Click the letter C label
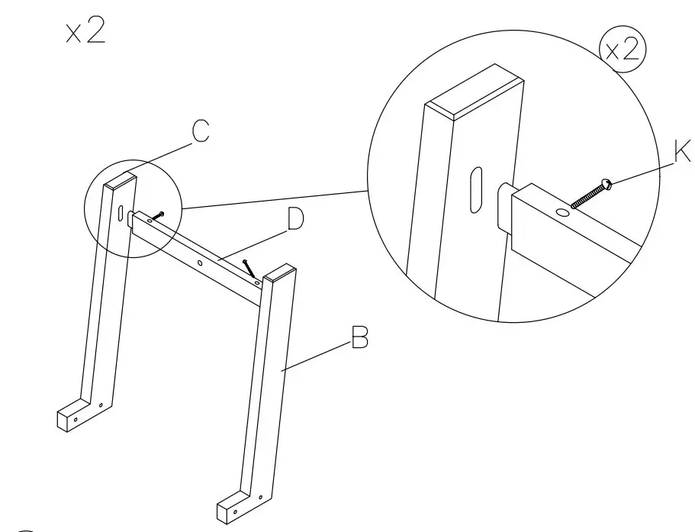(x=199, y=131)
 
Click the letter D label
(x=294, y=220)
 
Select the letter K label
(x=681, y=153)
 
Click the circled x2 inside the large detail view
(x=623, y=51)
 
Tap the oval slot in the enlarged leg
(x=476, y=190)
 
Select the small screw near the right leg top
(x=249, y=269)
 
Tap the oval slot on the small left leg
(x=121, y=212)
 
